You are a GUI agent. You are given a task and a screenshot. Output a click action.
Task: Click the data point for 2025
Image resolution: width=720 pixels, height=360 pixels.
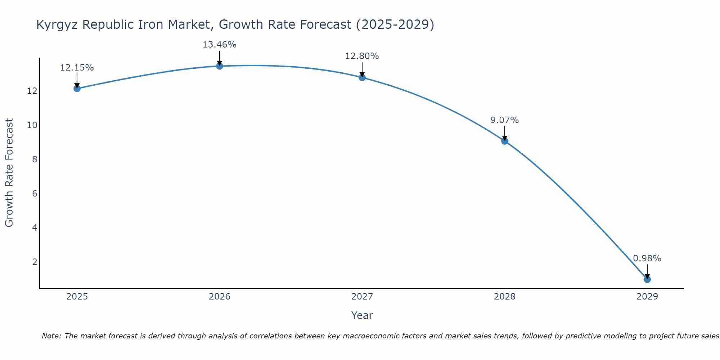(77, 88)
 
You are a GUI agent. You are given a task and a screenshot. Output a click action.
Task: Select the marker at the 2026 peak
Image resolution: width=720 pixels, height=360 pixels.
(219, 66)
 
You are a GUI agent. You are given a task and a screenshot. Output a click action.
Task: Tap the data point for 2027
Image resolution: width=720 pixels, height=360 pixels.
(362, 77)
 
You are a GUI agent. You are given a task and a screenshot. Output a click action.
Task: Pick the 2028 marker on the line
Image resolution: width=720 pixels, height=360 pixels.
(504, 141)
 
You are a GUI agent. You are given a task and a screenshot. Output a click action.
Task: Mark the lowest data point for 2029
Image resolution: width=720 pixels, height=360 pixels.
(647, 279)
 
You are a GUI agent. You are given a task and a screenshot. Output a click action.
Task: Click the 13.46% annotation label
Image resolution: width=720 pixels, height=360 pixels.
(219, 45)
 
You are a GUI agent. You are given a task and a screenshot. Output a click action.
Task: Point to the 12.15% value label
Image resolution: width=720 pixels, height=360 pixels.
(77, 68)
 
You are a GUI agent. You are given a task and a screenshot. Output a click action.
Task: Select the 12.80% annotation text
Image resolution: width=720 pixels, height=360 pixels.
(362, 56)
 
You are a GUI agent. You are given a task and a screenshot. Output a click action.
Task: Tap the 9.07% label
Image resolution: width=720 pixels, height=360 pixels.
(504, 120)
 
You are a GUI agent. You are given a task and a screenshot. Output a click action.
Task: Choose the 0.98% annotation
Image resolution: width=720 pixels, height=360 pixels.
(647, 258)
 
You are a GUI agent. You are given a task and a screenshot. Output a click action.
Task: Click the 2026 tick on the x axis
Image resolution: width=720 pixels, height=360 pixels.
(219, 297)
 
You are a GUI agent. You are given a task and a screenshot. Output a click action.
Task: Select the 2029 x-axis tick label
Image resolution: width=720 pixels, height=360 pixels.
(647, 297)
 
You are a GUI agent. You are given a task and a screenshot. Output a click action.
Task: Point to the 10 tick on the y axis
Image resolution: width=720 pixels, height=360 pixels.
(32, 125)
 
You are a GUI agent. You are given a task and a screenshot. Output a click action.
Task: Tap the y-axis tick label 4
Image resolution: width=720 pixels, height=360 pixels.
(35, 228)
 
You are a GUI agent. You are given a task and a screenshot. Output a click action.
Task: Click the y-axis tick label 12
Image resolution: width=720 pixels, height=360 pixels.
(32, 91)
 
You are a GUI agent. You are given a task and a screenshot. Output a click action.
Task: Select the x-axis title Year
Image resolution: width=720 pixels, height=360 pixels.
(362, 315)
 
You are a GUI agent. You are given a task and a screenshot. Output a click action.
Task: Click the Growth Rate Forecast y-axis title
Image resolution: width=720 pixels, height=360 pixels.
(9, 173)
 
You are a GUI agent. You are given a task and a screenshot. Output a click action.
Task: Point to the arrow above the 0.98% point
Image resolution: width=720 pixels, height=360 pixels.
(647, 271)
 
